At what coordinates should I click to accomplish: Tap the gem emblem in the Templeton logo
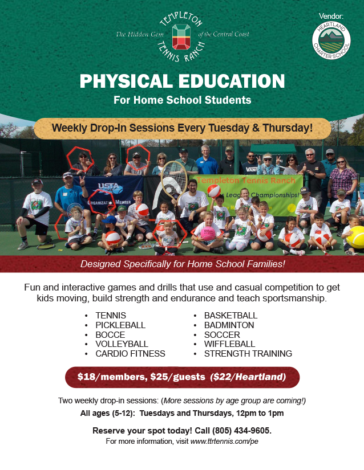coord(181,37)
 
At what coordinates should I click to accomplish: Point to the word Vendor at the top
coord(331,16)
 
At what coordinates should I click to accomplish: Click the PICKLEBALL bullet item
coord(120,325)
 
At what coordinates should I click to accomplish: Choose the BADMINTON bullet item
coord(229,325)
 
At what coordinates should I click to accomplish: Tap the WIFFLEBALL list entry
coord(229,344)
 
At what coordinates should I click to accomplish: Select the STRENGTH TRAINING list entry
coord(248,353)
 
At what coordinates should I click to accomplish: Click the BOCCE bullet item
coord(110,334)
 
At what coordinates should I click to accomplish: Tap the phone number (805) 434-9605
coord(241,431)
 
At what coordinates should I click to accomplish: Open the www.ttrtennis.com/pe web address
coord(224,441)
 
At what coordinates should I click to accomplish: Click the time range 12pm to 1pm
coord(260,413)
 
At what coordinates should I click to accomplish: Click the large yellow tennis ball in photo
coord(356,237)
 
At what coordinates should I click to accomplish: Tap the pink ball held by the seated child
coord(208,234)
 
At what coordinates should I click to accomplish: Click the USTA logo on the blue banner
coord(109,188)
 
